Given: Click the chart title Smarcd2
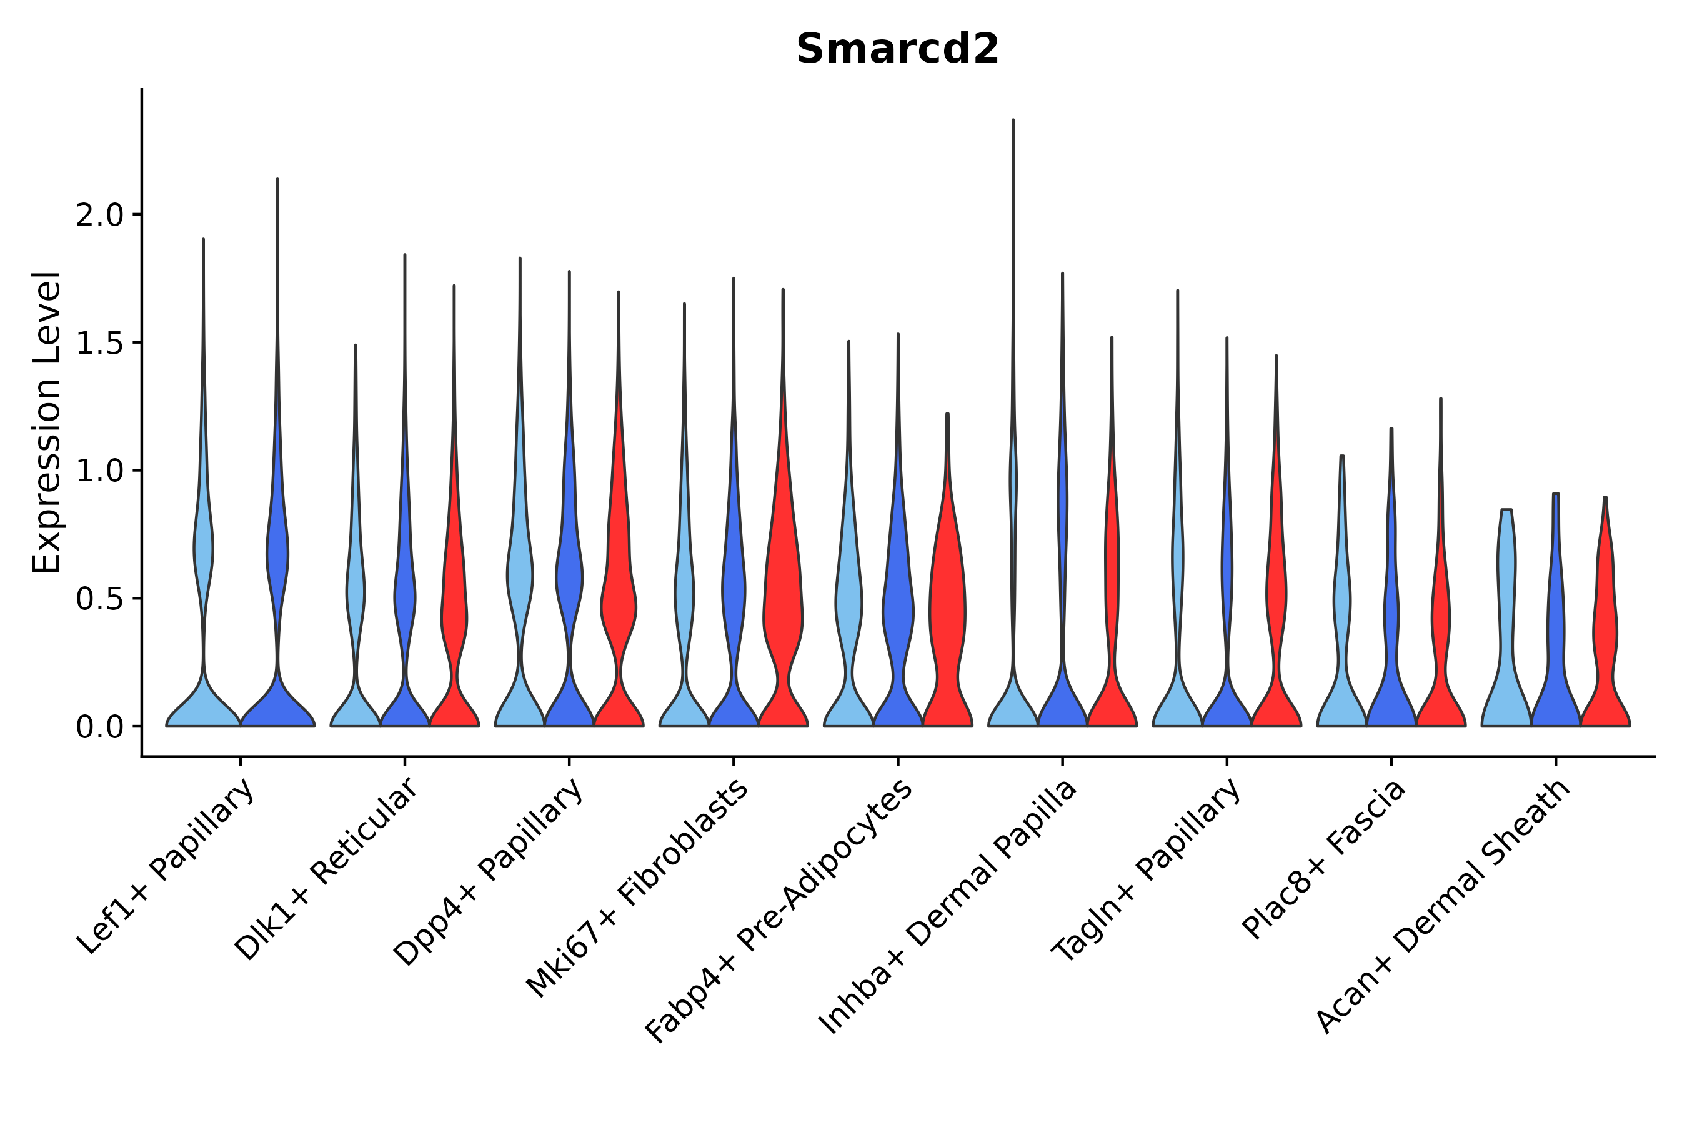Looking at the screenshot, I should tap(897, 49).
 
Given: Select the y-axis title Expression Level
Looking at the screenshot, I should tap(47, 422).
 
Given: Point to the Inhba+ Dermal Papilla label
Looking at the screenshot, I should tap(947, 907).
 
